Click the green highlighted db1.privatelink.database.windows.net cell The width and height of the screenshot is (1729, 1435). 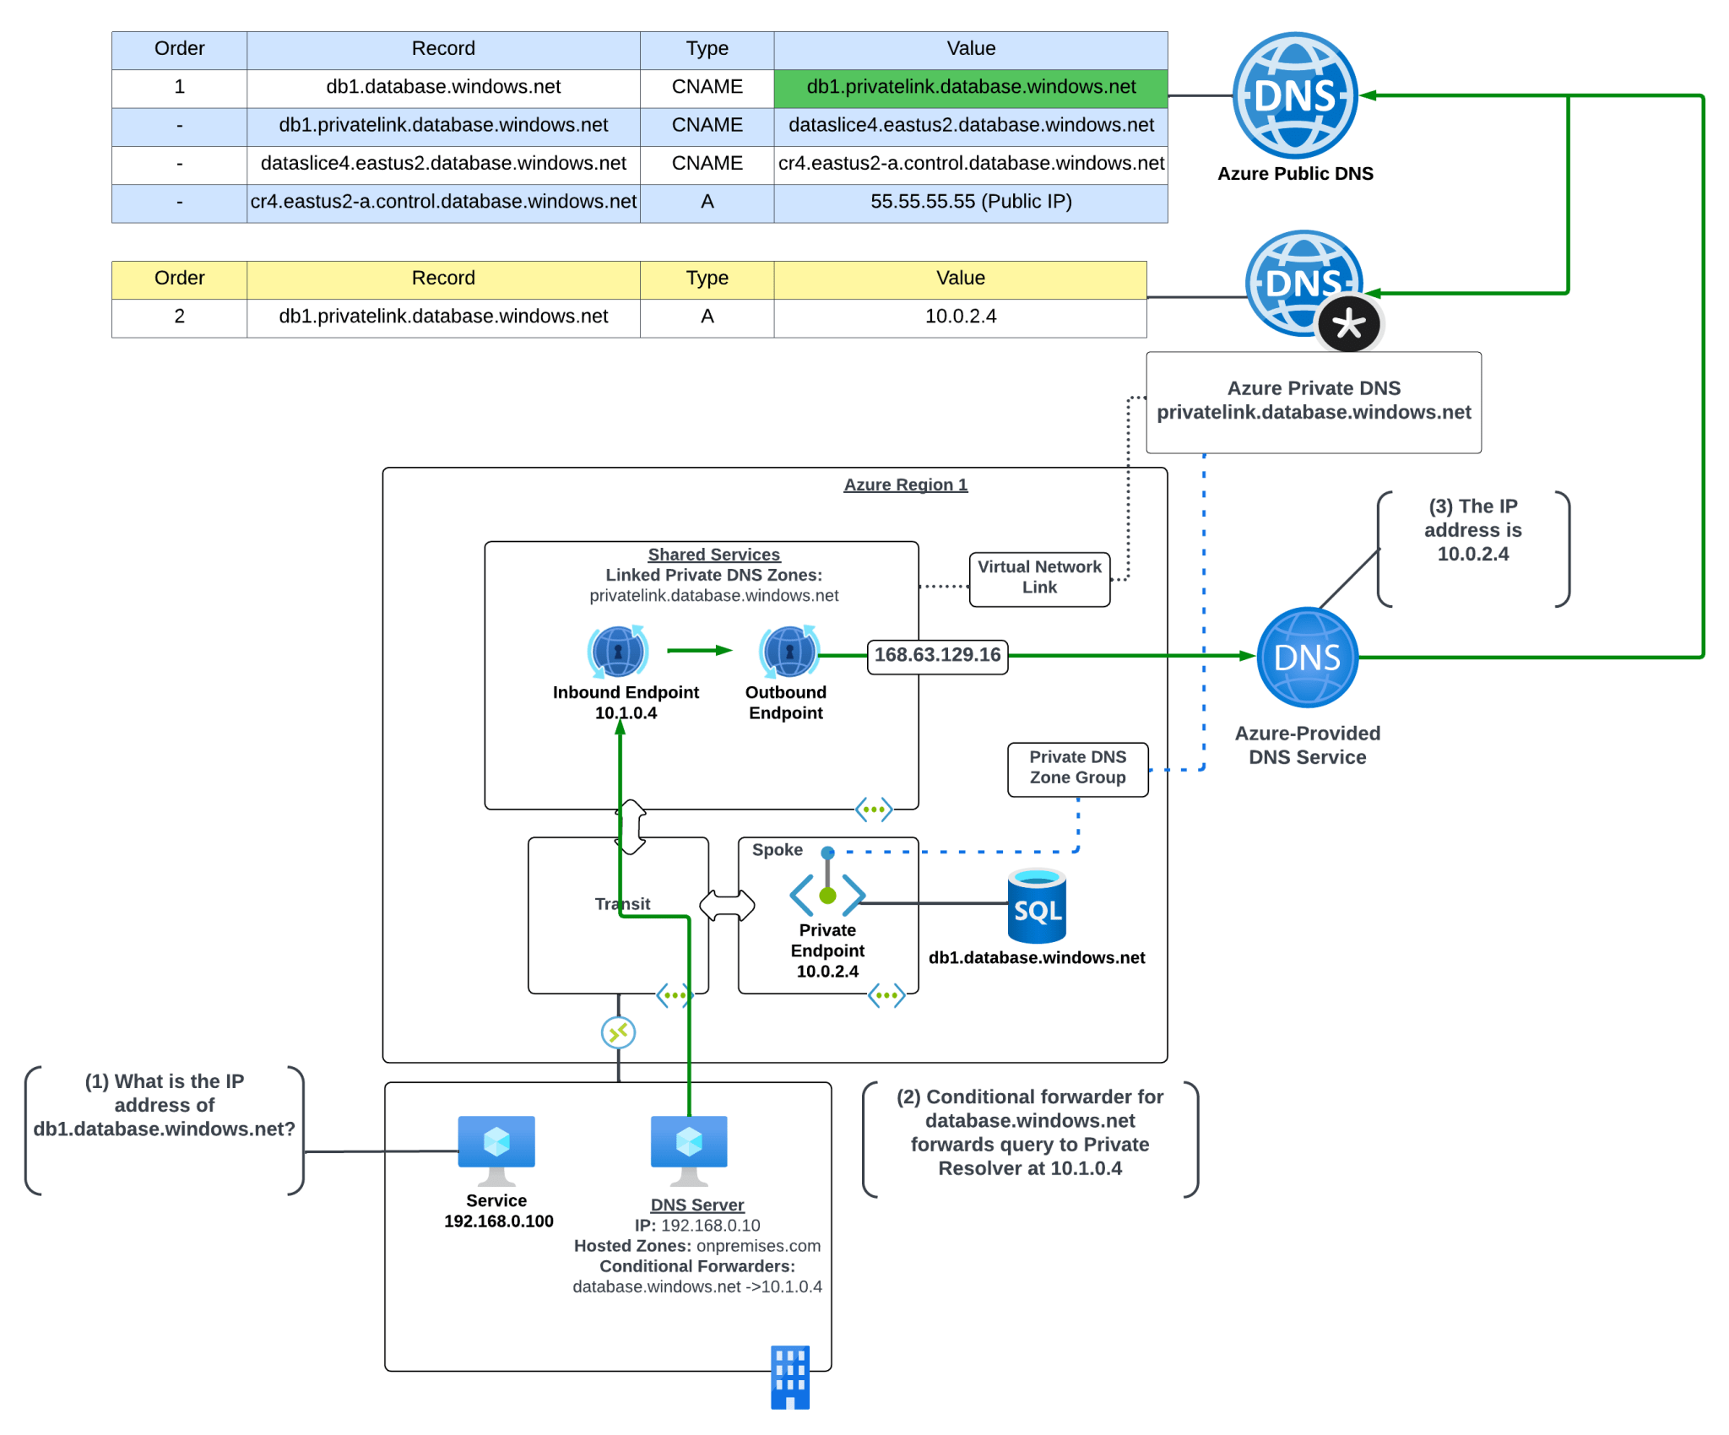pos(970,87)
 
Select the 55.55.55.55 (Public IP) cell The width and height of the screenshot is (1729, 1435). pos(970,202)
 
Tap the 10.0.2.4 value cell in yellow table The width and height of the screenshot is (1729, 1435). pos(960,317)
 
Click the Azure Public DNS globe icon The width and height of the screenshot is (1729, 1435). pos(1294,95)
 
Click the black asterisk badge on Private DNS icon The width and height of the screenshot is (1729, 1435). pos(1348,324)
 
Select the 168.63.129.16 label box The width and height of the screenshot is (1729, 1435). pos(937,656)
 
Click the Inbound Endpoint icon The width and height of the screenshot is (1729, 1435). pos(618,652)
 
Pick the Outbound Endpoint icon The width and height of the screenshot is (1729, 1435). pos(789,652)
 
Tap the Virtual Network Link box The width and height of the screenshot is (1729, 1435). pos(1039,578)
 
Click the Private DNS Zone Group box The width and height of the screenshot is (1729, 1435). pos(1077,768)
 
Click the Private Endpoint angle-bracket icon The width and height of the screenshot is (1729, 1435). pos(827,893)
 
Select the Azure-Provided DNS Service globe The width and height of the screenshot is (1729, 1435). pos(1307,658)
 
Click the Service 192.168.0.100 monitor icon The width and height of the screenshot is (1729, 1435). pos(496,1149)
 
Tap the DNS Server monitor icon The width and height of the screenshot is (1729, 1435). pos(689,1149)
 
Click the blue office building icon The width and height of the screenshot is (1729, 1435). pos(790,1377)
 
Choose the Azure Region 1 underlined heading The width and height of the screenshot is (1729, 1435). pos(905,485)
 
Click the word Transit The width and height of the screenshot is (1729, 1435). pos(622,904)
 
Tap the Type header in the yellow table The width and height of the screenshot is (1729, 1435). pos(707,279)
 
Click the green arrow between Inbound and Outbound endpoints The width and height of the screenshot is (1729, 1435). pos(699,651)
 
